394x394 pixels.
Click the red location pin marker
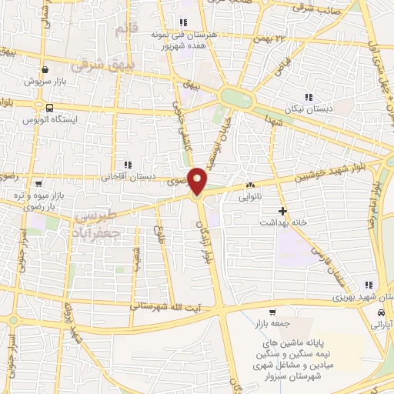198,180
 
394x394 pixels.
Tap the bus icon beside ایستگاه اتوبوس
49,109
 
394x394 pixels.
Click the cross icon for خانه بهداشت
282,210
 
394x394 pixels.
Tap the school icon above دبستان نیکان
309,98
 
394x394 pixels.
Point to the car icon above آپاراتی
382,313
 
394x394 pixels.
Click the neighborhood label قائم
123,30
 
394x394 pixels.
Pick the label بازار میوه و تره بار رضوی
38,202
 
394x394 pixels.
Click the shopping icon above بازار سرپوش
45,68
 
